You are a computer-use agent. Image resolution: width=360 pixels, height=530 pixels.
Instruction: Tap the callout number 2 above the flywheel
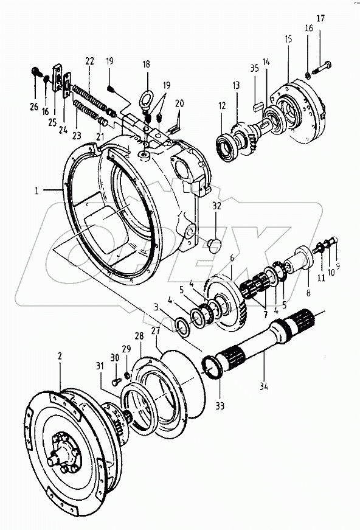(x=59, y=356)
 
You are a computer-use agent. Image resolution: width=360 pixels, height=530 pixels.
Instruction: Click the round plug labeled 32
(x=213, y=245)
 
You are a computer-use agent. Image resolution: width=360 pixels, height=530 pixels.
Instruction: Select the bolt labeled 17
(x=322, y=63)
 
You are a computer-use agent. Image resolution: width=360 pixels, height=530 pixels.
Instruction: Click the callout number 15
(x=288, y=38)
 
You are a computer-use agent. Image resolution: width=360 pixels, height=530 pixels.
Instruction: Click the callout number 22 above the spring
(x=89, y=61)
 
